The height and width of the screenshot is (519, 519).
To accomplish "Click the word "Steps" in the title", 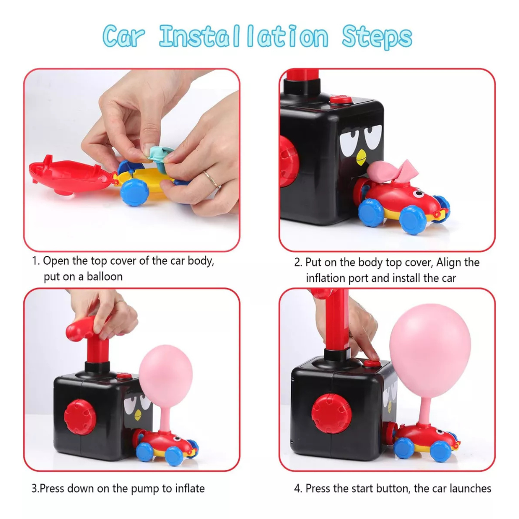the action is [377, 37].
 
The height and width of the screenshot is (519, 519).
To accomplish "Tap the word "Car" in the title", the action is [124, 36].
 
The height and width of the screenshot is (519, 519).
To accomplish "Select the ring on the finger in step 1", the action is [212, 179].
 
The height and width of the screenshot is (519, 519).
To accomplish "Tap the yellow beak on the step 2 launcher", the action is [361, 157].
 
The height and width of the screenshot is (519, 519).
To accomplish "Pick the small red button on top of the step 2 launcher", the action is [340, 99].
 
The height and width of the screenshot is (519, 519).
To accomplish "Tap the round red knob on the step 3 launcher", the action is [80, 417].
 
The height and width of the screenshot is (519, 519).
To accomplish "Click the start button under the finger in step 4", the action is [372, 363].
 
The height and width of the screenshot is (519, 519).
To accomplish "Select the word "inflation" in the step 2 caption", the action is [325, 278].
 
